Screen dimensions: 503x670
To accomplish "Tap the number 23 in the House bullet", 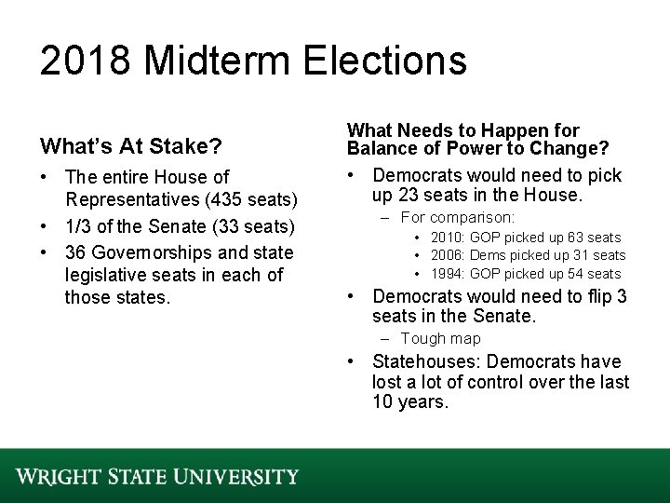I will pos(404,196).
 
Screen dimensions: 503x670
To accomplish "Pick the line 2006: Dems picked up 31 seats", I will pos(529,255).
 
